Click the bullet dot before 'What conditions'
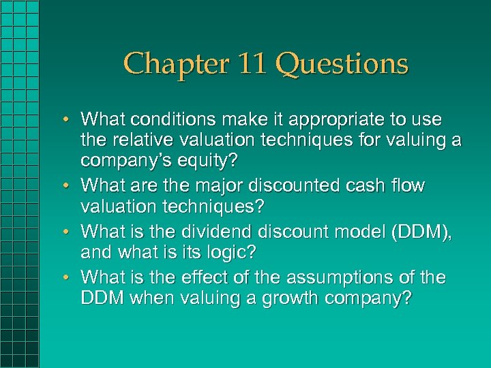pos(71,119)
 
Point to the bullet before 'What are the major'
pos(71,186)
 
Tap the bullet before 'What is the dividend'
pos(71,231)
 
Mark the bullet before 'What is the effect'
pos(71,277)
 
